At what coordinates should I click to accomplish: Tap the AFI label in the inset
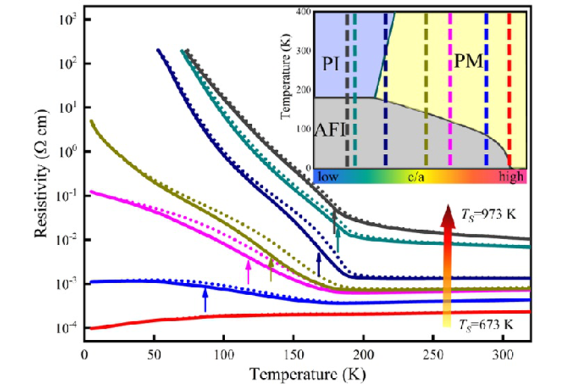[x=328, y=128]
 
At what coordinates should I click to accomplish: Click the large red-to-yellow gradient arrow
[x=446, y=261]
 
